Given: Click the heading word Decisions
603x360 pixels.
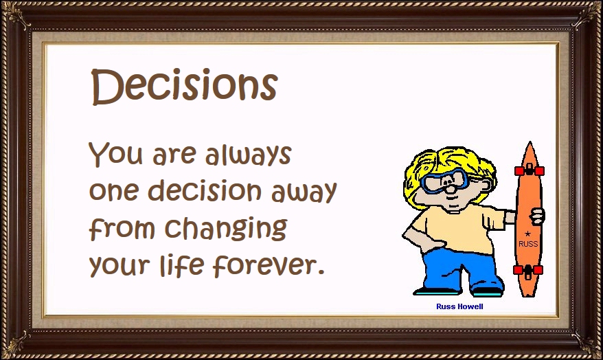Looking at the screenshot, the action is pyautogui.click(x=184, y=87).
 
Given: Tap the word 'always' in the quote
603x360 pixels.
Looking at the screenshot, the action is pyautogui.click(x=248, y=155).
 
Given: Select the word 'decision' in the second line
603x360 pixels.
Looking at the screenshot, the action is pyautogui.click(x=205, y=190).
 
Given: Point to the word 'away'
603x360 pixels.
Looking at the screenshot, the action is pyautogui.click(x=304, y=192).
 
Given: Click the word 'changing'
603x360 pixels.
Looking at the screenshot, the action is pyautogui.click(x=226, y=228).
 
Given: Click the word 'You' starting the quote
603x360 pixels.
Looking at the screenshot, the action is pyautogui.click(x=116, y=153).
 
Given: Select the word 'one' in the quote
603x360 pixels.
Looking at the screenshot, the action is pyautogui.click(x=113, y=191).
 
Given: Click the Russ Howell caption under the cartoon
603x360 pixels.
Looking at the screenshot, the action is pyautogui.click(x=459, y=306).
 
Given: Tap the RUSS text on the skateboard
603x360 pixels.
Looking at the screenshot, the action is pyautogui.click(x=528, y=244).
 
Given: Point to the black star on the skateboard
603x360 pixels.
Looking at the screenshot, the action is pyautogui.click(x=527, y=234).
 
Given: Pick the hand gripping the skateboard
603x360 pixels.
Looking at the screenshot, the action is pyautogui.click(x=536, y=216).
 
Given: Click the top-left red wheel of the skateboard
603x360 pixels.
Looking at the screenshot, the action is pyautogui.click(x=520, y=171).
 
